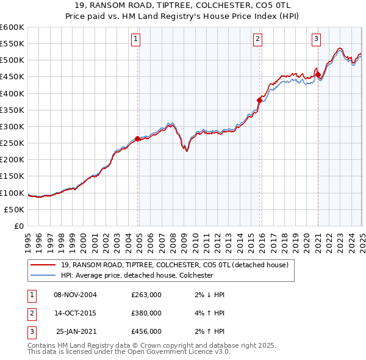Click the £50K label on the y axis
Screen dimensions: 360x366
15,209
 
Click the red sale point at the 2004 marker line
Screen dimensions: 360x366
138,139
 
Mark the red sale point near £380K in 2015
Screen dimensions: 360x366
260,100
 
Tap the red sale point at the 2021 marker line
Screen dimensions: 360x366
318,75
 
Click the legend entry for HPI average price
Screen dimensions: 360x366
137,275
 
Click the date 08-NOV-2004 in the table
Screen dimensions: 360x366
76,295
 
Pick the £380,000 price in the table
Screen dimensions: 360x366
146,313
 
